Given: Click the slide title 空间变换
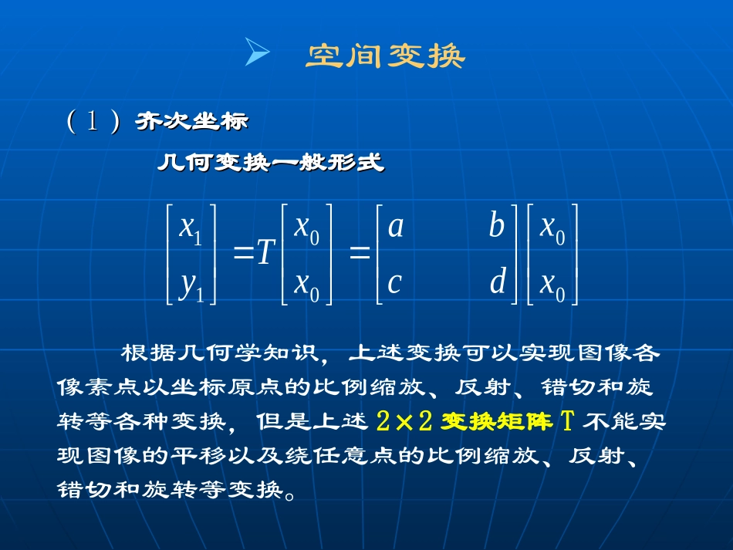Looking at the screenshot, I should [386, 56].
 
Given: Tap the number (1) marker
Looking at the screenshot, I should [92, 122].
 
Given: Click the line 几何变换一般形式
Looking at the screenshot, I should [271, 163].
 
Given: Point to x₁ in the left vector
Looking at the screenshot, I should [191, 228].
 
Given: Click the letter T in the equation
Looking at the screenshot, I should [266, 252].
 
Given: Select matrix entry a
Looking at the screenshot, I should [395, 226].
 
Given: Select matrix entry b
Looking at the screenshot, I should [496, 226].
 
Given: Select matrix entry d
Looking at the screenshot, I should [498, 283].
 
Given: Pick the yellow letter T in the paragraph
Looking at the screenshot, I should [568, 422].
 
